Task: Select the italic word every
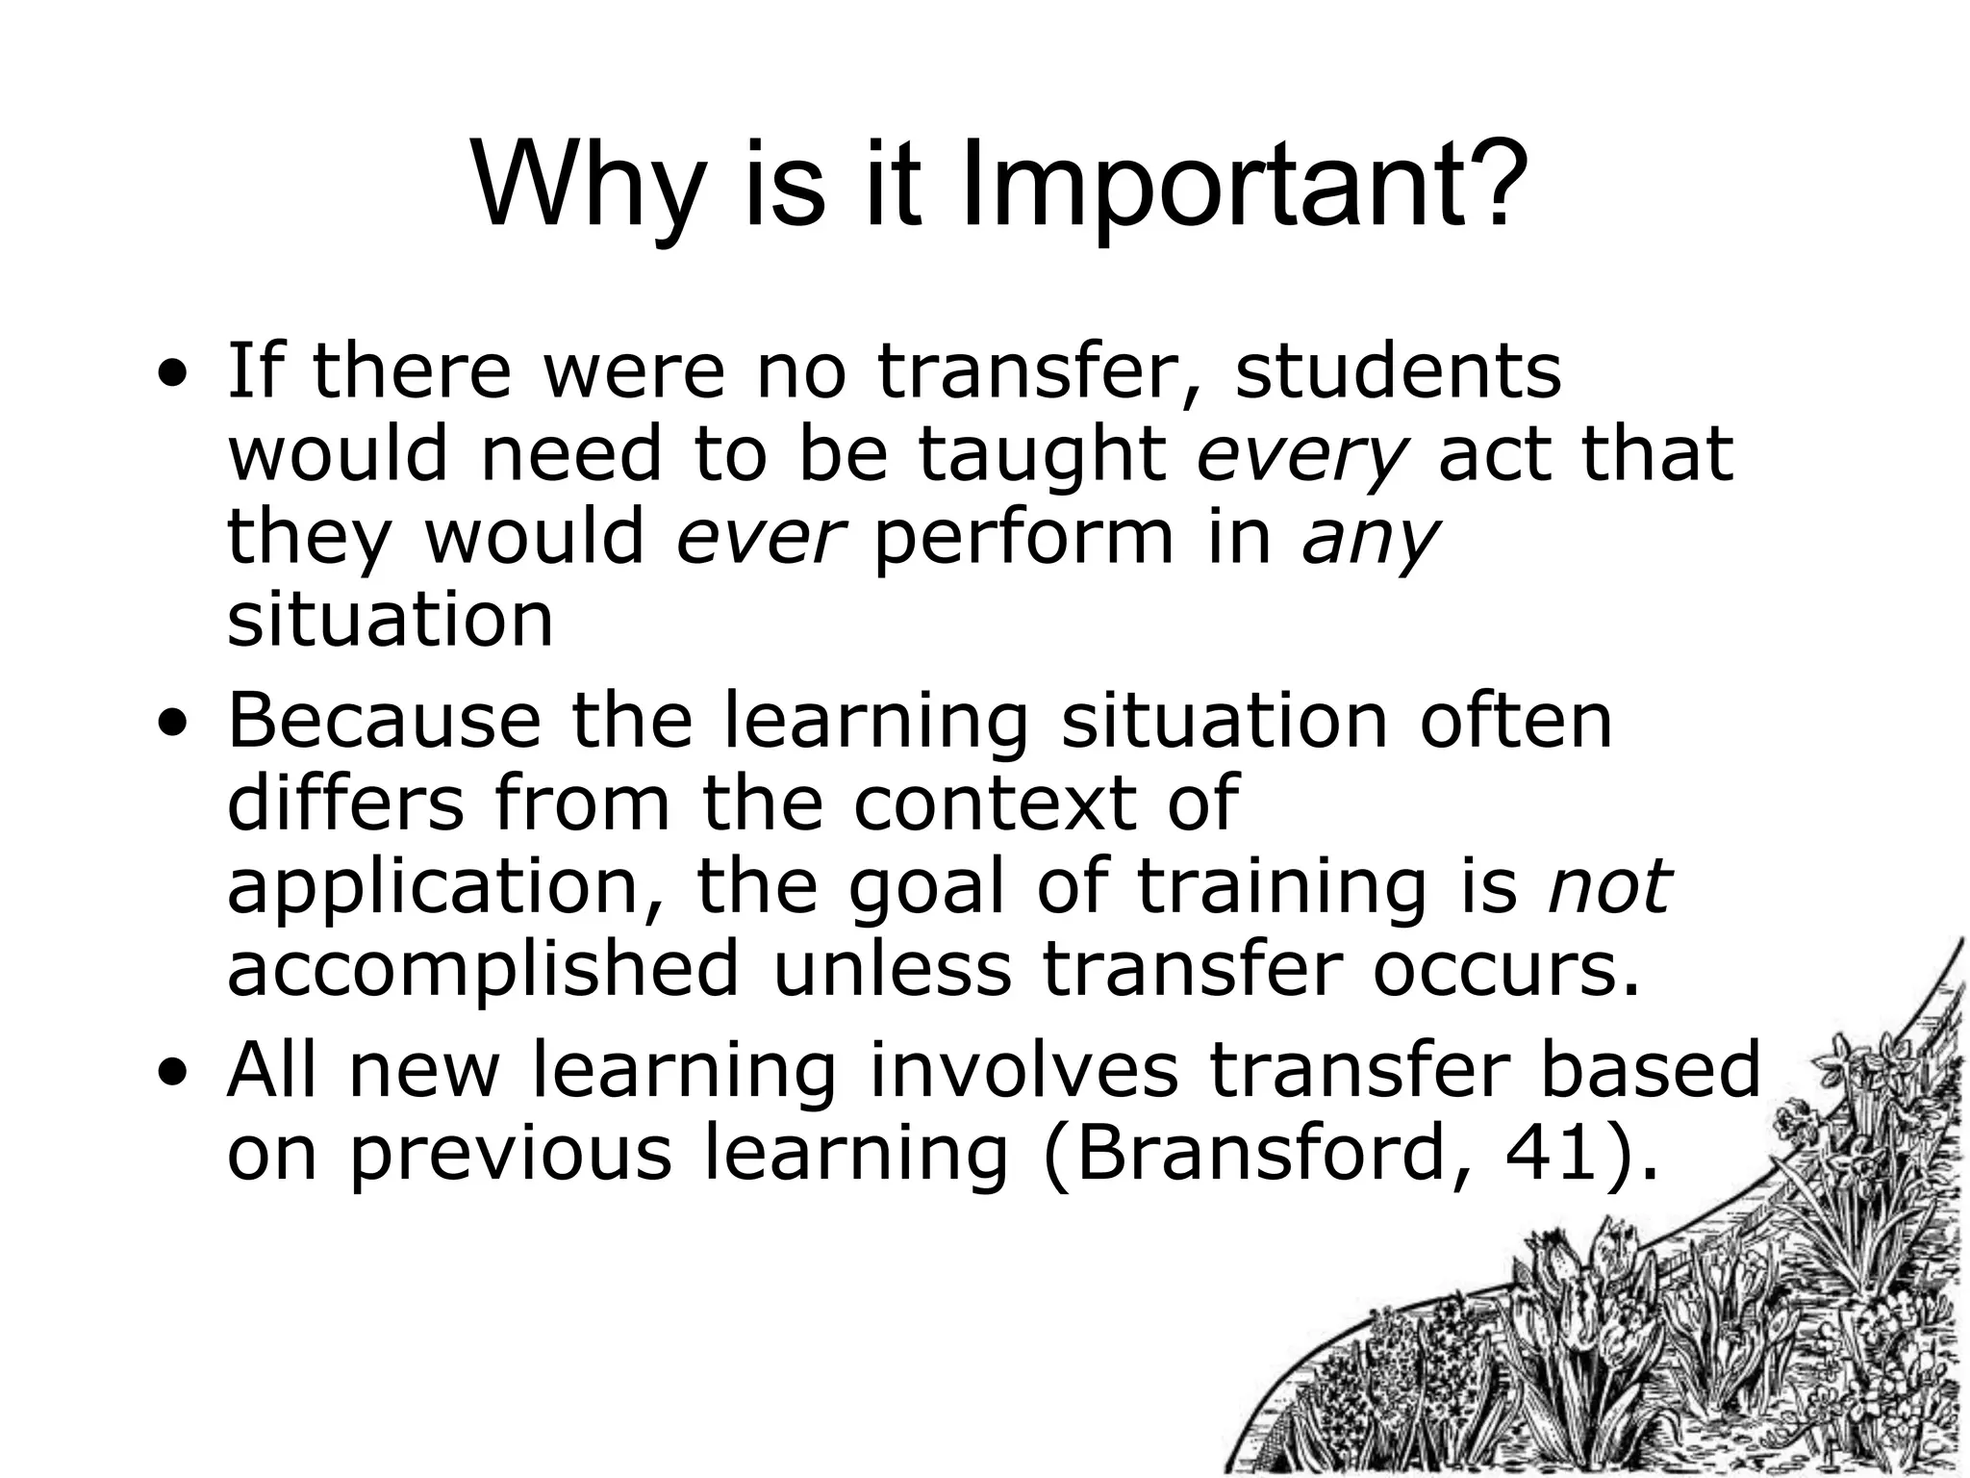[1301, 454]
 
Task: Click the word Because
[384, 720]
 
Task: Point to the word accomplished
[483, 970]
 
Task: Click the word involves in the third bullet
[1023, 1070]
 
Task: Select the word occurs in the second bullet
[1502, 970]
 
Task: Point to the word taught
[1041, 454]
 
